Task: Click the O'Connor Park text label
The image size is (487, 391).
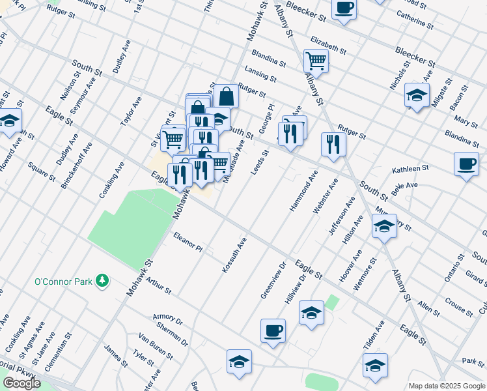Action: (x=63, y=282)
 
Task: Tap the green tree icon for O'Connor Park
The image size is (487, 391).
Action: (x=102, y=281)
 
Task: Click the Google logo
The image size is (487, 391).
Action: (x=21, y=383)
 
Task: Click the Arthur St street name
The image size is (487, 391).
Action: (x=158, y=285)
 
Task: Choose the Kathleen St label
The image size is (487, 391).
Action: (x=410, y=169)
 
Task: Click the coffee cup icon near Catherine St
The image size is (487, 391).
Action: (x=344, y=8)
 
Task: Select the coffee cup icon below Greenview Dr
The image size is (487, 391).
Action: (x=273, y=330)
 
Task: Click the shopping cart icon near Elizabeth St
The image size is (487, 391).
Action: (x=316, y=61)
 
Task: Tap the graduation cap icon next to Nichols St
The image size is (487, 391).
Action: (x=417, y=95)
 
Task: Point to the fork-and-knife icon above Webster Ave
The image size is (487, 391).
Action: (x=333, y=145)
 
